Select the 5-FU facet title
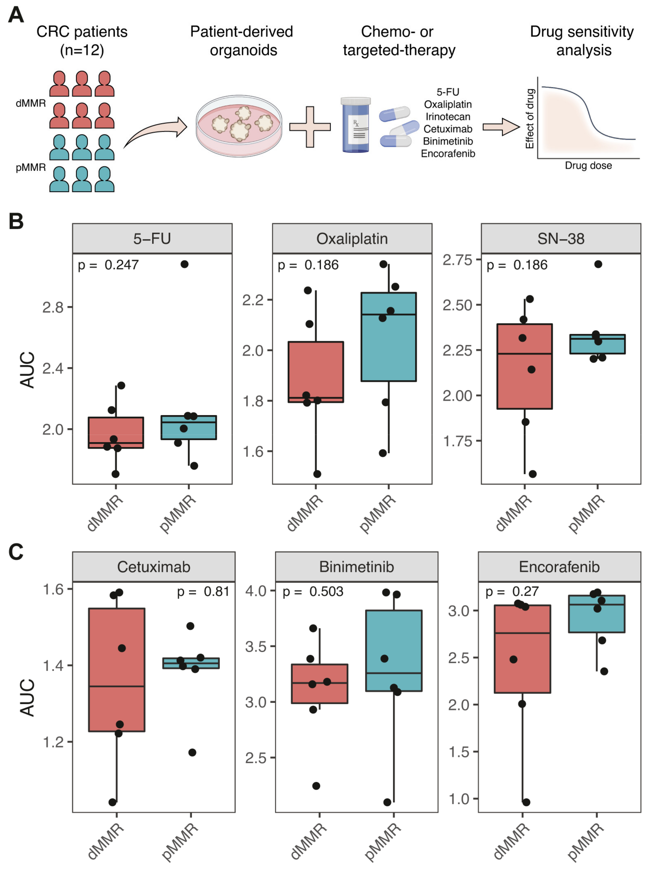point(152,239)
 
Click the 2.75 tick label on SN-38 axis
point(457,260)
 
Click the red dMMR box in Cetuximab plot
point(116,669)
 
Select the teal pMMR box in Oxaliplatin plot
point(389,337)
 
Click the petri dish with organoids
point(239,126)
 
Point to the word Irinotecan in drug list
point(448,117)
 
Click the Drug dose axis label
point(588,165)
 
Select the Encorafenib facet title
point(559,567)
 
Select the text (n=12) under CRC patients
point(82,50)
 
